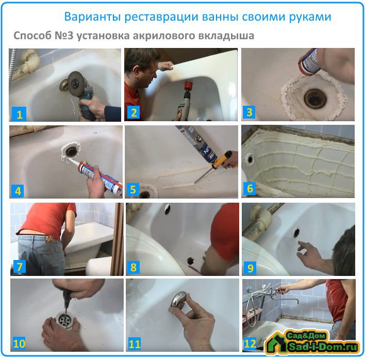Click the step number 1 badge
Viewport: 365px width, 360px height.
tap(19, 114)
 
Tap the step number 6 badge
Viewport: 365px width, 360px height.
tap(250, 188)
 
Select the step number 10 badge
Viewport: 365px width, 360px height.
tap(19, 343)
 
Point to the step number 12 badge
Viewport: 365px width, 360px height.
tap(250, 343)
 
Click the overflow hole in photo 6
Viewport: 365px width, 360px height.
tap(250, 159)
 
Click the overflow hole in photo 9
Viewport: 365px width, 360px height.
tap(296, 233)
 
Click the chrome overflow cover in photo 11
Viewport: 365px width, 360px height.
tap(178, 299)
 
